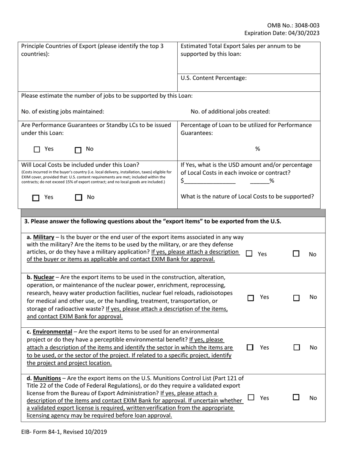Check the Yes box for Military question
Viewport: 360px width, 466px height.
pyautogui.click(x=249, y=254)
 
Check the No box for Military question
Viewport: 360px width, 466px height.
pyautogui.click(x=296, y=254)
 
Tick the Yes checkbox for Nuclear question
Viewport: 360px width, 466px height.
pyautogui.click(x=250, y=298)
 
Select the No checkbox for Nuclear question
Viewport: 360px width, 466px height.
pyautogui.click(x=296, y=298)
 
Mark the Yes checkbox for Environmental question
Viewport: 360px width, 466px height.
pyautogui.click(x=250, y=347)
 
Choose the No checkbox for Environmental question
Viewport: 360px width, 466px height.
pyautogui.click(x=296, y=347)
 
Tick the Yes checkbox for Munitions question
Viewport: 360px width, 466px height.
pyautogui.click(x=251, y=397)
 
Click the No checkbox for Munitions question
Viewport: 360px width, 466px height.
pyautogui.click(x=296, y=397)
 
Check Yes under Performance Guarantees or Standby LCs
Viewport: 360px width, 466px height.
pyautogui.click(x=37, y=150)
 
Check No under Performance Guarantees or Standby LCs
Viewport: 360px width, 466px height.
pyautogui.click(x=78, y=150)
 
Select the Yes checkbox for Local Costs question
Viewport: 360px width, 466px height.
pyautogui.click(x=36, y=197)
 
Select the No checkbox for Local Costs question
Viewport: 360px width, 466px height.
pyautogui.click(x=78, y=197)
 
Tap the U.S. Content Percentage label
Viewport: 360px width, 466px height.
pyautogui.click(x=214, y=78)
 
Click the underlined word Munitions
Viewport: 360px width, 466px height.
pyautogui.click(x=47, y=378)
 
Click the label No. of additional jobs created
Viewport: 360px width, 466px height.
pyautogui.click(x=230, y=111)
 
